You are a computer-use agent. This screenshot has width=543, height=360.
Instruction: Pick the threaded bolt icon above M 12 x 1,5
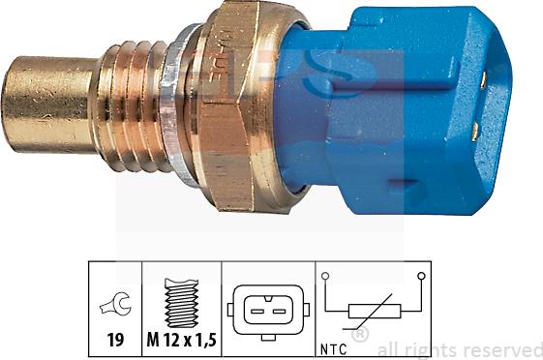181,303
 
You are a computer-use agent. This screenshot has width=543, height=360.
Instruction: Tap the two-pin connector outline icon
263,311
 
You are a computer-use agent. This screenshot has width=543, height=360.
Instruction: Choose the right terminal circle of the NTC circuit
422,277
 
